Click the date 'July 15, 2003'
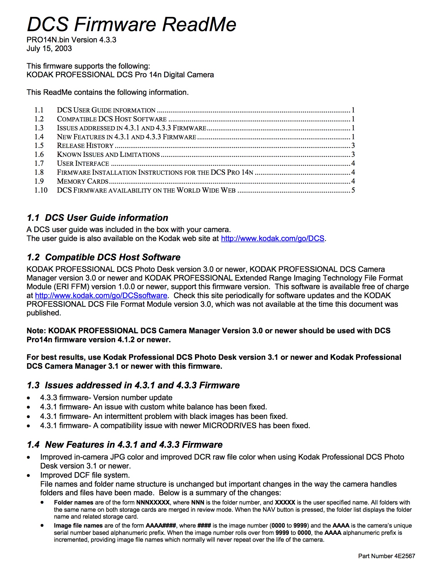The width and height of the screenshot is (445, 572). [x=49, y=48]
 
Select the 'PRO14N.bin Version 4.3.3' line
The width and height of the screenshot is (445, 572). [x=71, y=40]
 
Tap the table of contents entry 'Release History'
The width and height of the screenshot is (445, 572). [x=85, y=146]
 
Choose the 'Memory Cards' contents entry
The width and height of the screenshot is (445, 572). [x=83, y=181]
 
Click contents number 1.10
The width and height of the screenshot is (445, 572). [x=41, y=190]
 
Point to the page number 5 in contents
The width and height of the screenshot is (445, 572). [x=353, y=190]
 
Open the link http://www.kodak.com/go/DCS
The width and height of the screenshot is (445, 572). [x=272, y=239]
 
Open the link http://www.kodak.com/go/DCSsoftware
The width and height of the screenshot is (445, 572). [x=101, y=296]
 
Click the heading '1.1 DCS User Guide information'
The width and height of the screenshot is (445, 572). [x=97, y=218]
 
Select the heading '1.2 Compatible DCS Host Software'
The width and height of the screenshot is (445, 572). [x=103, y=257]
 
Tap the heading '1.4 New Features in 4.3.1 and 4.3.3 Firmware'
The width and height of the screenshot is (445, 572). [x=125, y=445]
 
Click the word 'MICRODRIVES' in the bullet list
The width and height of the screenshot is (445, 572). [x=229, y=426]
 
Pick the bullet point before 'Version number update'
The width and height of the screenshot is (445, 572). [x=28, y=398]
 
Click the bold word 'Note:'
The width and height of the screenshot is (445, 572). [x=36, y=331]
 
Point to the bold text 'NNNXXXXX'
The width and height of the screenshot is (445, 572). [x=153, y=503]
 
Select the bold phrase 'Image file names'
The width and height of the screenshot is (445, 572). [x=78, y=526]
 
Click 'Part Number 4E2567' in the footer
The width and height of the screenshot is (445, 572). [x=386, y=556]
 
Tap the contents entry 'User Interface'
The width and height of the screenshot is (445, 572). [x=83, y=163]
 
